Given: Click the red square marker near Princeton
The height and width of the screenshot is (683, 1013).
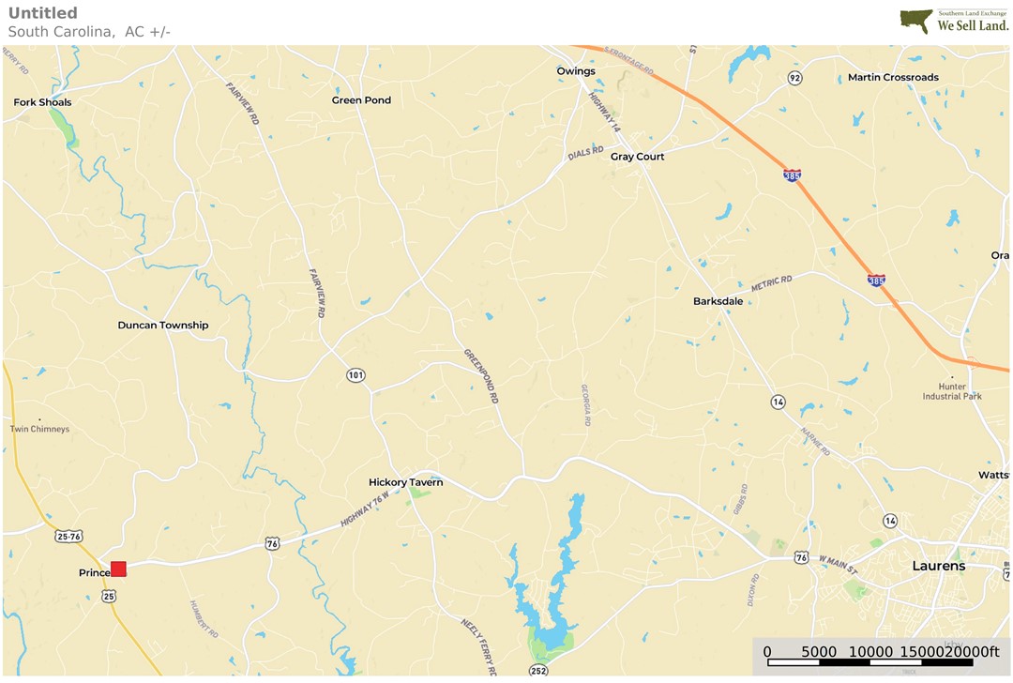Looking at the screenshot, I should [x=118, y=569].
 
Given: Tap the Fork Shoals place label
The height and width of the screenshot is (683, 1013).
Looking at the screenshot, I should [x=42, y=102].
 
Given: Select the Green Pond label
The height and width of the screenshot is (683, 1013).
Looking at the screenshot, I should [x=361, y=100].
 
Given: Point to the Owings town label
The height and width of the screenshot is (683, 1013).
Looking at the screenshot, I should [x=576, y=71].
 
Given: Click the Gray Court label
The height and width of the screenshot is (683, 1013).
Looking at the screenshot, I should [x=637, y=157].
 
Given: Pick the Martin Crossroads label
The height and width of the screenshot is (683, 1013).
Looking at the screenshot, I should [x=893, y=78].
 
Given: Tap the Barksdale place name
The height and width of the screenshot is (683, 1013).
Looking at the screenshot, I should [x=718, y=301].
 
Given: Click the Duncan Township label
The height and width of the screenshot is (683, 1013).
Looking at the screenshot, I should [x=163, y=326].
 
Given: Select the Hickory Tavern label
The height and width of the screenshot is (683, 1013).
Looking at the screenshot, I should [x=405, y=482].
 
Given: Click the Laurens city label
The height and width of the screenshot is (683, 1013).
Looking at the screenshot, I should [x=939, y=567].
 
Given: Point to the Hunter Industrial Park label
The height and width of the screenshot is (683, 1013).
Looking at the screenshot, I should [x=952, y=391].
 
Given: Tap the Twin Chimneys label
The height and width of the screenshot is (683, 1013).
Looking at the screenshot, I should [x=39, y=430].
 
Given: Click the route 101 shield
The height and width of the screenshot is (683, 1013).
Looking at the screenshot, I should [x=355, y=375].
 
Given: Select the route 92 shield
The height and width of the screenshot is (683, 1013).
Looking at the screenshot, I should [x=795, y=78].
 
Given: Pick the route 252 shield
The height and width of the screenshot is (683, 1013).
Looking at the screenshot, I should [x=537, y=671].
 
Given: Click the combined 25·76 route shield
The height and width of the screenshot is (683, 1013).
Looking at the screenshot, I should [x=68, y=537].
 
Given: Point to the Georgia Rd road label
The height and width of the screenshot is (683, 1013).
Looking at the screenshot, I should [x=585, y=404].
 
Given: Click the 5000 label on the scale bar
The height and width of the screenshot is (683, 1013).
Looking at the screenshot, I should [x=819, y=652].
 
